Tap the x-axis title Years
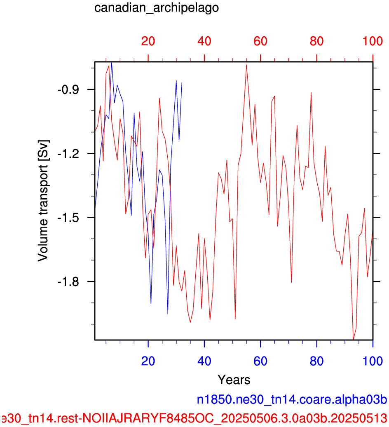tap(234, 380)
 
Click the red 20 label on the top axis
tap(148, 41)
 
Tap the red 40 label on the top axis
tap(204, 41)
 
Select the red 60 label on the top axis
tap(260, 41)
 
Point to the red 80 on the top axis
tap(316, 41)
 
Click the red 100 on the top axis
tap(373, 41)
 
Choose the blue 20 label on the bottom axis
tap(148, 361)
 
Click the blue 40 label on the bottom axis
tap(204, 361)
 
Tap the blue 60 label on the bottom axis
tap(260, 361)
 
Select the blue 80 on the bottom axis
tap(316, 361)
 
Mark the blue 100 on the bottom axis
tap(373, 361)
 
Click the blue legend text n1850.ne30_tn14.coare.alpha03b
tap(292, 400)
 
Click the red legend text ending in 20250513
tap(194, 418)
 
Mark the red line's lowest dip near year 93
tap(353, 339)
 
